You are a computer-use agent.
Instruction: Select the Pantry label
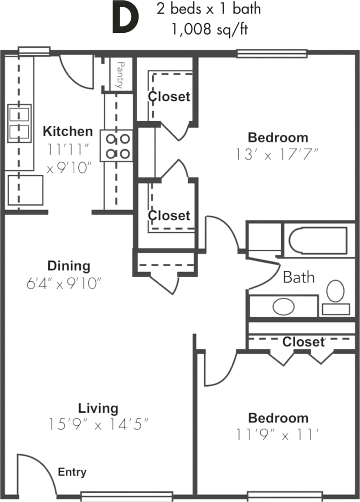pyautogui.click(x=120, y=75)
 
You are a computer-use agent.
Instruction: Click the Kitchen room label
pyautogui.click(x=67, y=131)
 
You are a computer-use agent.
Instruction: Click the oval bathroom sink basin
pyautogui.click(x=283, y=306)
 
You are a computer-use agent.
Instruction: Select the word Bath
pyautogui.click(x=298, y=277)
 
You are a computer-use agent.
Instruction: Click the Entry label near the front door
pyautogui.click(x=72, y=472)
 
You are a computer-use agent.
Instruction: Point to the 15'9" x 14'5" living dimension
pyautogui.click(x=98, y=424)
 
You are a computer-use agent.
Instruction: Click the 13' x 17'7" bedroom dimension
pyautogui.click(x=277, y=155)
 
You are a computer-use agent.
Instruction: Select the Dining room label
pyautogui.click(x=69, y=265)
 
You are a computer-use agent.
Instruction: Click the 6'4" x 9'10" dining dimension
pyautogui.click(x=63, y=283)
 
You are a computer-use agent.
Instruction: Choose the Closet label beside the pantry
pyautogui.click(x=169, y=96)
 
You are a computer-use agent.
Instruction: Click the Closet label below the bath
pyautogui.click(x=303, y=342)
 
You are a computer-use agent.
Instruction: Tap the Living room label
pyautogui.click(x=98, y=408)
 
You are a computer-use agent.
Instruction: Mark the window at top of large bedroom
pyautogui.click(x=272, y=54)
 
